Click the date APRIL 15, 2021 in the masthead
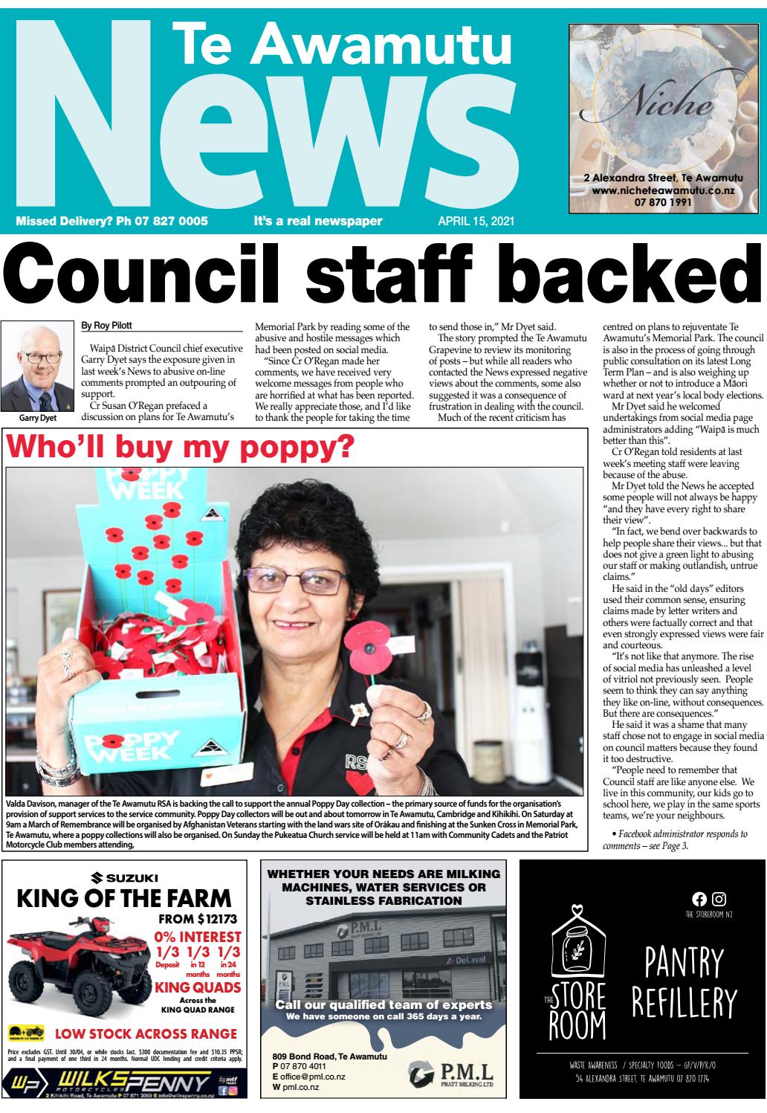pos(476,222)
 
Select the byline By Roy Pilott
pos(109,325)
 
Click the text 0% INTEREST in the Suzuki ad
pos(198,938)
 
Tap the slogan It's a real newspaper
pos(318,222)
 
